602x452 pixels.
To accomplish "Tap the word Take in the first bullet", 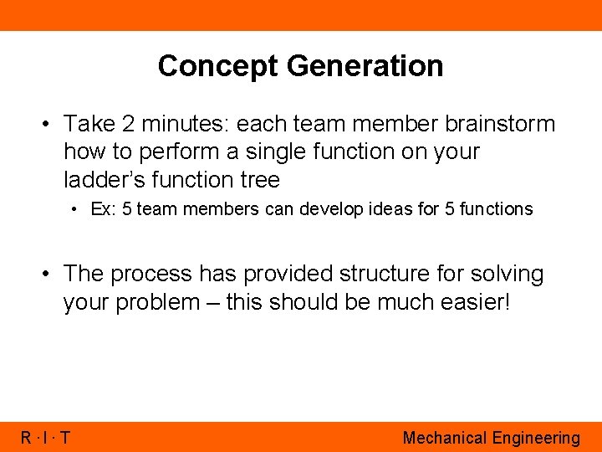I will pos(89,124).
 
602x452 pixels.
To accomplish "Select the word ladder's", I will pos(102,179).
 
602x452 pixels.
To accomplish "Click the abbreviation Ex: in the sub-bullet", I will pos(104,209).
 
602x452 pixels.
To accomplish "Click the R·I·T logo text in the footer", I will pos(46,438).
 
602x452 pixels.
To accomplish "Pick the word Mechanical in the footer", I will pos(444,438).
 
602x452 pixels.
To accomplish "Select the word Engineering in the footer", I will pos(536,438).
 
